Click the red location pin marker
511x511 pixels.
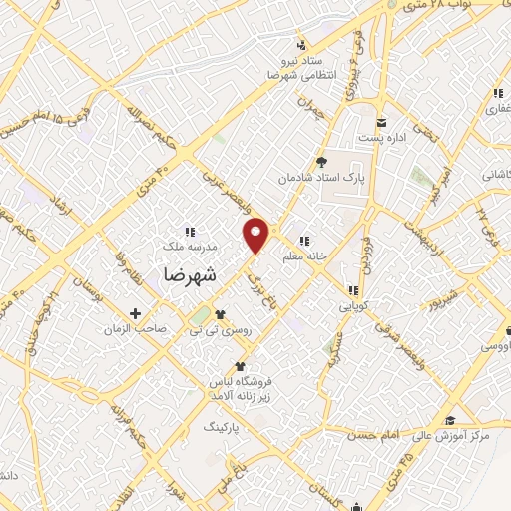[257, 234]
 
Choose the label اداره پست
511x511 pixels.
[383, 136]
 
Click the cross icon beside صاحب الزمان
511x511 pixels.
[136, 312]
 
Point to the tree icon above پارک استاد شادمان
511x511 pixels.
[320, 161]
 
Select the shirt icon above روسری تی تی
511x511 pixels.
[220, 313]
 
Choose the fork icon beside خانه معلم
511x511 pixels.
[302, 240]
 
